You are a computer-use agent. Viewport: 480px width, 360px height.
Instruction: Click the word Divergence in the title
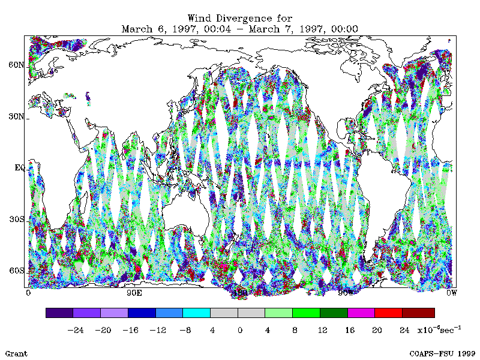tap(239, 18)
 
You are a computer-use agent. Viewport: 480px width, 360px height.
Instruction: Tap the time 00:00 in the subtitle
tap(344, 28)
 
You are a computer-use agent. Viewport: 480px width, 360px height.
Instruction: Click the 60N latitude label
tap(17, 65)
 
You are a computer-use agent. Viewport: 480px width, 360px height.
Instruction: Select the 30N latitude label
tap(17, 116)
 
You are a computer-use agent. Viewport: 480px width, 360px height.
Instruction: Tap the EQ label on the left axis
tap(19, 168)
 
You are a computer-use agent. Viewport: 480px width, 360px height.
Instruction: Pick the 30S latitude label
tap(17, 220)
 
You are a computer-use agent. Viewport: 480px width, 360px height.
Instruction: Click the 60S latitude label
tap(17, 271)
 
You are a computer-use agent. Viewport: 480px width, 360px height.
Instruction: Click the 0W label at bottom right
tap(451, 293)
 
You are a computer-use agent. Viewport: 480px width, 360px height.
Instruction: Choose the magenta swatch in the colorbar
tap(361, 313)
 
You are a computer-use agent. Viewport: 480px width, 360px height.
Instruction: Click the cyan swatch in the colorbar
tap(196, 313)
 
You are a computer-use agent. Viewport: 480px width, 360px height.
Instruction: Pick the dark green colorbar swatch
tap(333, 313)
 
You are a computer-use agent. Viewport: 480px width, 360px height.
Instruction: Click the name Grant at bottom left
tap(16, 353)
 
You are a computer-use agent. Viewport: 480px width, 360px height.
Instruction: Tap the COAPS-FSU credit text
tap(443, 353)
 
